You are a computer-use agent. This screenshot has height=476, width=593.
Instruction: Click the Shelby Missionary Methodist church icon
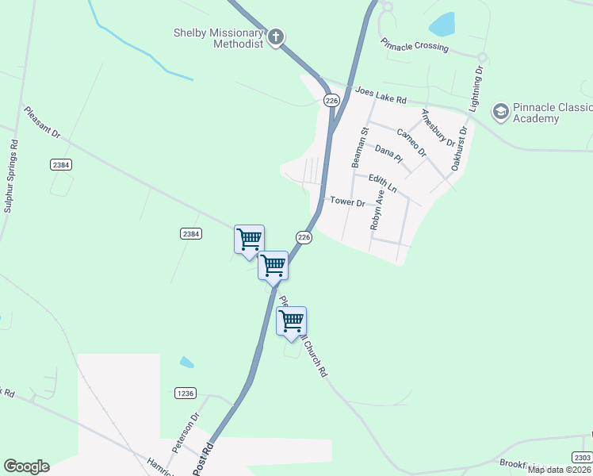tap(276, 36)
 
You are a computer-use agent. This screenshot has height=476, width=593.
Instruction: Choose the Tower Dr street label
tap(347, 202)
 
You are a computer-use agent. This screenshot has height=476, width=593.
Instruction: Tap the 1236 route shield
tap(185, 393)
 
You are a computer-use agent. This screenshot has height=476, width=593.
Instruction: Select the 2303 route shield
tap(582, 457)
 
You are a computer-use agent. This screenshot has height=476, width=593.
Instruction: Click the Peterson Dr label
tap(187, 428)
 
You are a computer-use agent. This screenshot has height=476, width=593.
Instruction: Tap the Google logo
tap(26, 466)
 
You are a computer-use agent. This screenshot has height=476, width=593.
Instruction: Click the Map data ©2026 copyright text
tap(559, 470)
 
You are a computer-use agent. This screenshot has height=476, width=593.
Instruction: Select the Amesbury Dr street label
tap(438, 129)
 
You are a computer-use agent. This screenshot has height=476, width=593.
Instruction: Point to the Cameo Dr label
tap(411, 142)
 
